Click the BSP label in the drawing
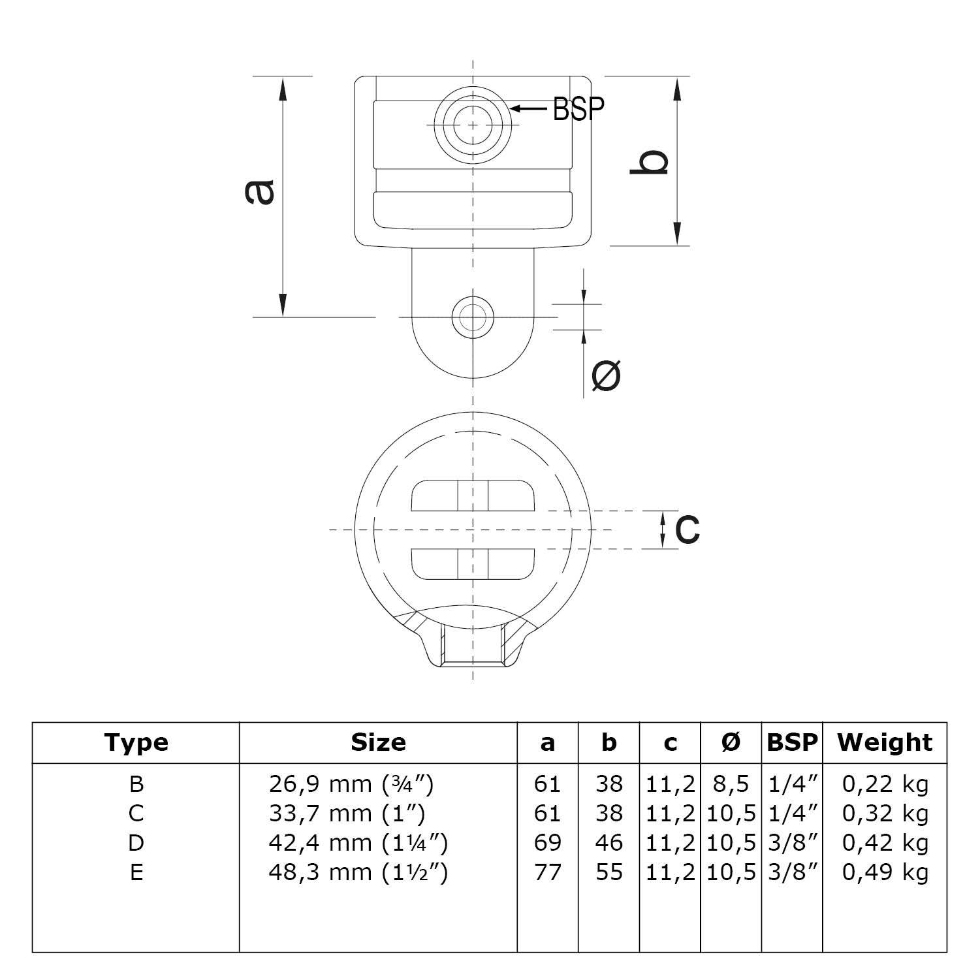[x=578, y=108]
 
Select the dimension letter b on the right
[x=649, y=162]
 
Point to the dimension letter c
[x=687, y=528]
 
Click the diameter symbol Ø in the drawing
[x=606, y=375]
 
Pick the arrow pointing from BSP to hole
[x=528, y=108]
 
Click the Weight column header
[x=885, y=742]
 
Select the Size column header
[x=378, y=742]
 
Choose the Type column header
[x=136, y=742]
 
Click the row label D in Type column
[x=136, y=843]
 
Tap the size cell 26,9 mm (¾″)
[x=351, y=783]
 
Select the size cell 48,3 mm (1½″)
[x=358, y=872]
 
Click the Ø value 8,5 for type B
[x=731, y=783]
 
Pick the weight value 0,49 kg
[x=885, y=872]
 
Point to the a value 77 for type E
[x=547, y=872]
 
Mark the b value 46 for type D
[x=609, y=843]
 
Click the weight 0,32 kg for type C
[x=885, y=813]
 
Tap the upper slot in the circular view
[x=472, y=496]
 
